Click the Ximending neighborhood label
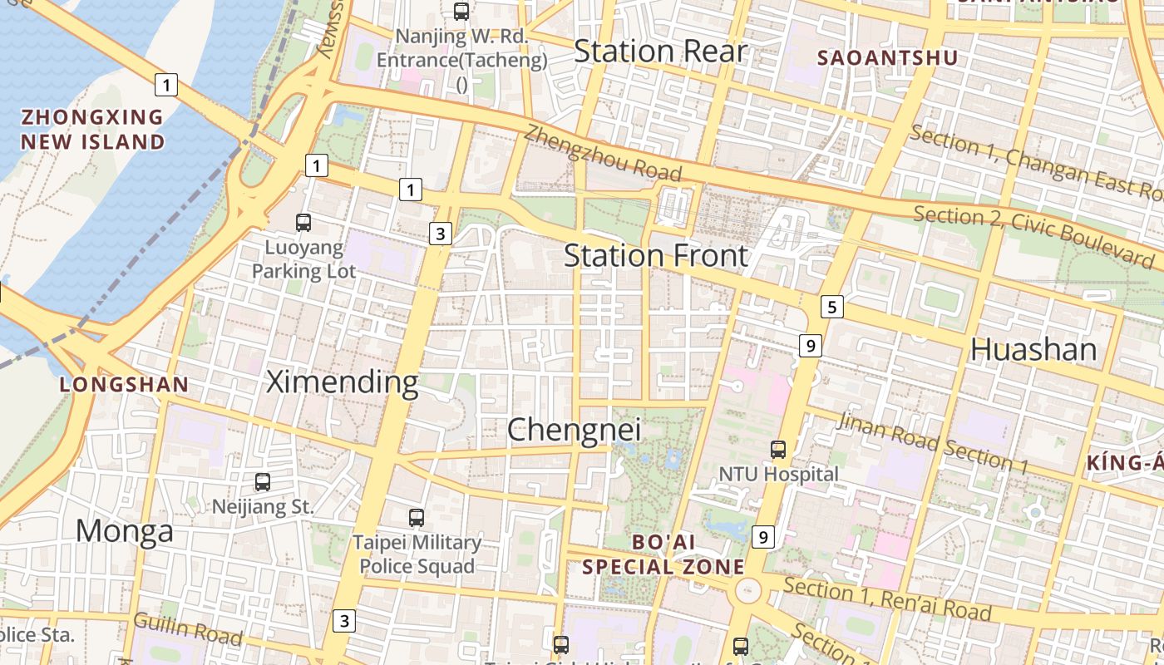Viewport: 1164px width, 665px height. tap(342, 382)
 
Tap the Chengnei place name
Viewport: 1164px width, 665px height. tap(574, 430)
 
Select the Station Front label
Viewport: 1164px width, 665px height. tap(656, 255)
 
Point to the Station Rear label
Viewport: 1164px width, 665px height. tap(660, 51)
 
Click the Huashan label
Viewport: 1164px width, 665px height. tap(1033, 349)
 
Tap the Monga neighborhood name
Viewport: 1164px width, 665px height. tap(125, 530)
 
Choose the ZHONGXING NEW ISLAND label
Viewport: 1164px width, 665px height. tap(92, 129)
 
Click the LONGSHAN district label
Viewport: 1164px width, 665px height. tap(125, 385)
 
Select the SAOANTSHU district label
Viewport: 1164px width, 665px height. tap(887, 58)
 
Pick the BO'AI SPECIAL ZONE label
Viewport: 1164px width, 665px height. tap(663, 554)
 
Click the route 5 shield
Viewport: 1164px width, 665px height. tap(831, 307)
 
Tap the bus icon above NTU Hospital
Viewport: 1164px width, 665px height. tap(777, 450)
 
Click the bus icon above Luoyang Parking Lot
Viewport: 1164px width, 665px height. tap(303, 223)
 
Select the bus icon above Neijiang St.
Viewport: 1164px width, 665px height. tap(263, 481)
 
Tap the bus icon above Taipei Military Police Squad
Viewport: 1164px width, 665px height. tap(417, 518)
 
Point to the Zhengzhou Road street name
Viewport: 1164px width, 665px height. tap(603, 153)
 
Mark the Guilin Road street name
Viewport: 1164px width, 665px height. tap(188, 629)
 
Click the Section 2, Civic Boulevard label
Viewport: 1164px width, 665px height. tap(1034, 237)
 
